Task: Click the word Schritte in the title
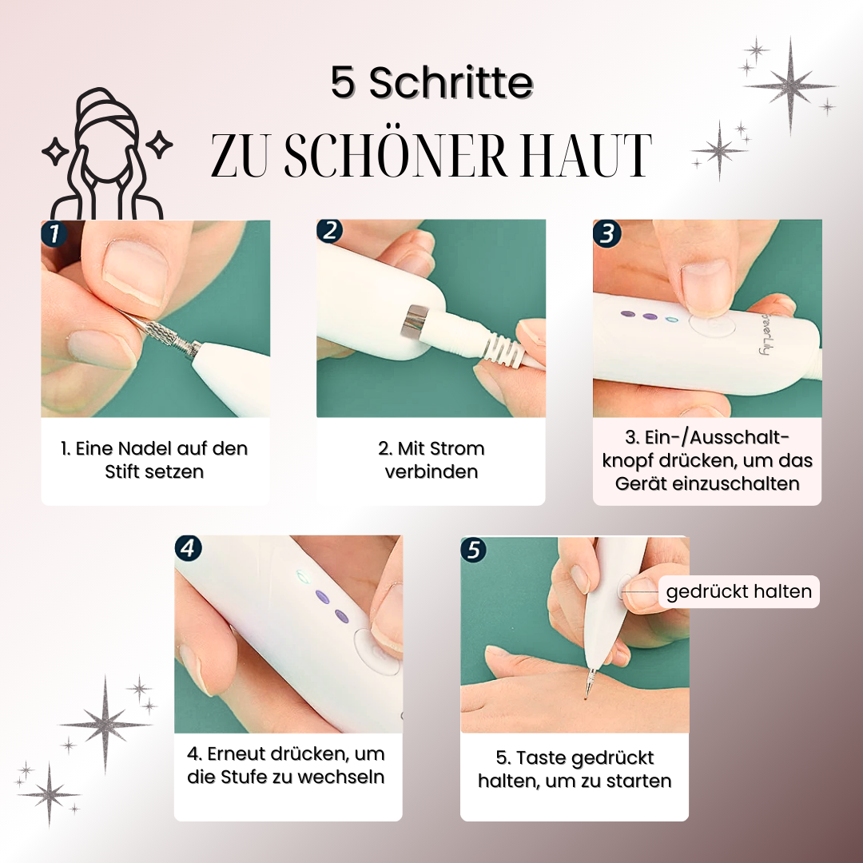[451, 82]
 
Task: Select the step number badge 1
[54, 233]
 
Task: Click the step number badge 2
[330, 231]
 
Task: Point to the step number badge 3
[606, 233]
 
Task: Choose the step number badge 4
[188, 548]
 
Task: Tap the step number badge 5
[473, 550]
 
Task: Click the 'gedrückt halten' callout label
[738, 591]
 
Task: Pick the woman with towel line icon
[107, 154]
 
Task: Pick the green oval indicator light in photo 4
[301, 576]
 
